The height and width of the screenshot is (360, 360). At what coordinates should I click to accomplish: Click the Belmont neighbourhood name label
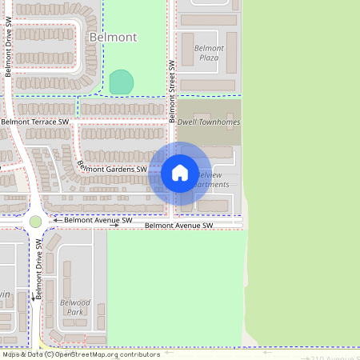pos(113,38)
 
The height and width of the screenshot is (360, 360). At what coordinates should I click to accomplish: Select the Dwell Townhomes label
pos(208,122)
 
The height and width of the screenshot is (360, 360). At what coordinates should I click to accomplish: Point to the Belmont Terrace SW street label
pos(35,122)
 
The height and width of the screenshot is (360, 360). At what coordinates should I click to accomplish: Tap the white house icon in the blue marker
pos(180,173)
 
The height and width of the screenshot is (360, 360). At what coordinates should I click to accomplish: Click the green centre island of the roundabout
pos(35,221)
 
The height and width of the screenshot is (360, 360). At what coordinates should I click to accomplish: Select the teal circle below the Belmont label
pos(121,82)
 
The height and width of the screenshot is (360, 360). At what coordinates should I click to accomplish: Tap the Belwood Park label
pos(75,307)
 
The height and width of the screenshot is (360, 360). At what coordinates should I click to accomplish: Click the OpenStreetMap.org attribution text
pos(117,354)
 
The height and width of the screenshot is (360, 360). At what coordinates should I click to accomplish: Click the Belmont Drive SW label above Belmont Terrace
pos(8,48)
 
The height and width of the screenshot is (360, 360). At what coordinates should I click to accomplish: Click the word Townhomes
pos(219,122)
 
